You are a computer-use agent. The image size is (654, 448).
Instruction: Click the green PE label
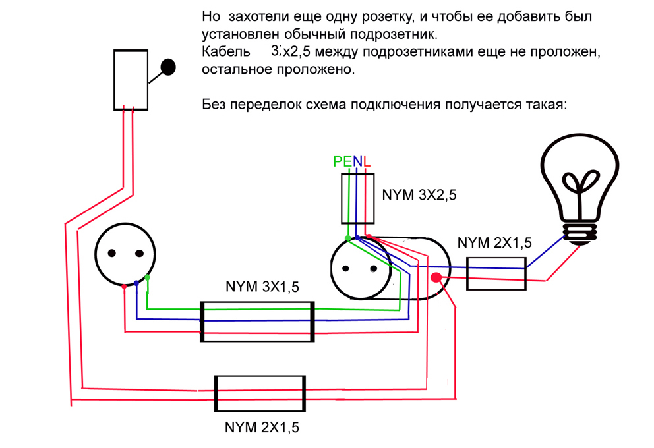343,161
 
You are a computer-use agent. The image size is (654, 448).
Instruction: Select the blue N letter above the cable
357,161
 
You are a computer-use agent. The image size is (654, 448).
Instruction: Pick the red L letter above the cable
367,161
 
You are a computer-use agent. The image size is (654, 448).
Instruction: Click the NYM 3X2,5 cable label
419,195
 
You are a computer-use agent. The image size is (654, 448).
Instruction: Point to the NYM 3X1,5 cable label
262,287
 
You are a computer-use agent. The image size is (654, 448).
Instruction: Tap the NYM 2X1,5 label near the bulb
494,243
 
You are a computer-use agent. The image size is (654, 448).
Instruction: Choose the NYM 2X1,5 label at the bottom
262,427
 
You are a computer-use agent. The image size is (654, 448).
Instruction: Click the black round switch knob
168,67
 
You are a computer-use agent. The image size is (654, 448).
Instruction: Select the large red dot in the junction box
436,277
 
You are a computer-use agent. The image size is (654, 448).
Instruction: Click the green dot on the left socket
147,277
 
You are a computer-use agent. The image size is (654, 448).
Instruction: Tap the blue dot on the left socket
136,283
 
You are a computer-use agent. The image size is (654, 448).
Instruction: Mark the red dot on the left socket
124,287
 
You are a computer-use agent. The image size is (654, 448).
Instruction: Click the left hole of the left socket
112,253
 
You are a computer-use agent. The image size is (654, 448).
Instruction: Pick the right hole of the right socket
374,269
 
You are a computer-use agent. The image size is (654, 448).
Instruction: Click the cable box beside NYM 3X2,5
357,199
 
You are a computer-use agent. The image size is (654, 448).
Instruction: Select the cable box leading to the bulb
496,273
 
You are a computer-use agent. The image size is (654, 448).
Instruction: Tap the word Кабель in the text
225,51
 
